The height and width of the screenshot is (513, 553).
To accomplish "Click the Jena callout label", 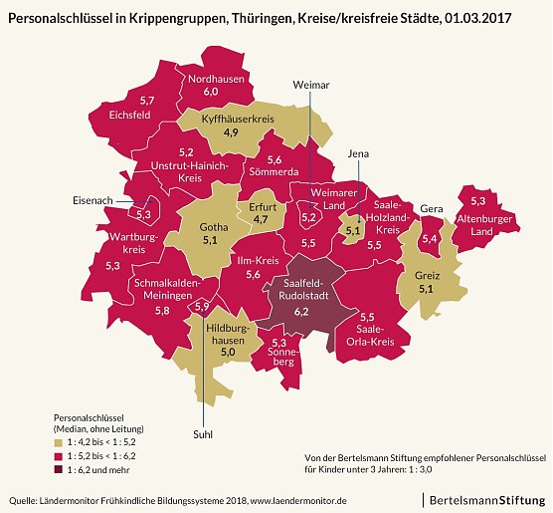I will click(x=359, y=153).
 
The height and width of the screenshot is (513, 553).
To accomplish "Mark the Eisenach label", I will click(x=93, y=199).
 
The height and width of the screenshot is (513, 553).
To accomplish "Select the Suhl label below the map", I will click(x=203, y=433).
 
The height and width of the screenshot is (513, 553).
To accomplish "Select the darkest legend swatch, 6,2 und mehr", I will click(x=59, y=469).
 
